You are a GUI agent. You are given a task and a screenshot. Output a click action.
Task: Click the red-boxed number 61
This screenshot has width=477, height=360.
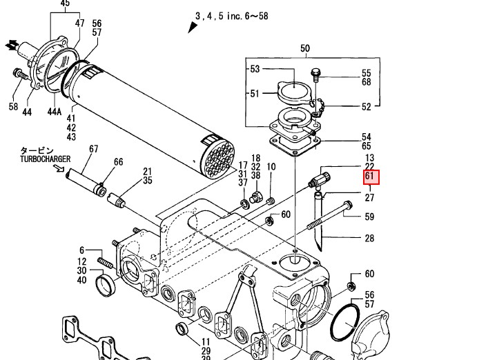pyautogui.click(x=369, y=177)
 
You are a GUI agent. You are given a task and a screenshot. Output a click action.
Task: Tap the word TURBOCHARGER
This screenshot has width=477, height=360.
pyautogui.click(x=46, y=159)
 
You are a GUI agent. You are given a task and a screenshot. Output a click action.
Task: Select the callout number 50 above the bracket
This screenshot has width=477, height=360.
pyautogui.click(x=304, y=48)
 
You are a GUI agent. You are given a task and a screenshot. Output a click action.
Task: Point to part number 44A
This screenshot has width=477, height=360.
pyautogui.click(x=55, y=111)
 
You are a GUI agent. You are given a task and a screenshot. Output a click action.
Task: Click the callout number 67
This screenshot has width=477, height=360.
pyautogui.click(x=94, y=148)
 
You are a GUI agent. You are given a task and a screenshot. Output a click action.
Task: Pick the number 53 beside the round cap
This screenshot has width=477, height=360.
pyautogui.click(x=255, y=69)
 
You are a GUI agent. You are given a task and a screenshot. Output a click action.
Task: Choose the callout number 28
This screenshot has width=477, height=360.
pyautogui.click(x=369, y=239)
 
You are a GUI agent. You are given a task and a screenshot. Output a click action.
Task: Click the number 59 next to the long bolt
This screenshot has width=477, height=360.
pyautogui.click(x=369, y=217)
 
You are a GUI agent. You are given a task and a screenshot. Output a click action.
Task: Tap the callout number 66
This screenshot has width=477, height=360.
pyautogui.click(x=118, y=162)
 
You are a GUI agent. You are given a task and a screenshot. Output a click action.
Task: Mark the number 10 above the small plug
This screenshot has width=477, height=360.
pyautogui.click(x=271, y=167)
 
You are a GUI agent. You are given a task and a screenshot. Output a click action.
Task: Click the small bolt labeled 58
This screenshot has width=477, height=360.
pyautogui.click(x=17, y=72)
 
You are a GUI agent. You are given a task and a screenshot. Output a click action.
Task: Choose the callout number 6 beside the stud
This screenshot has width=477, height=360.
pyautogui.click(x=81, y=250)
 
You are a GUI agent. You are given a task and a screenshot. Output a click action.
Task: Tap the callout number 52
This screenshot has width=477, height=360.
pyautogui.click(x=367, y=106)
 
